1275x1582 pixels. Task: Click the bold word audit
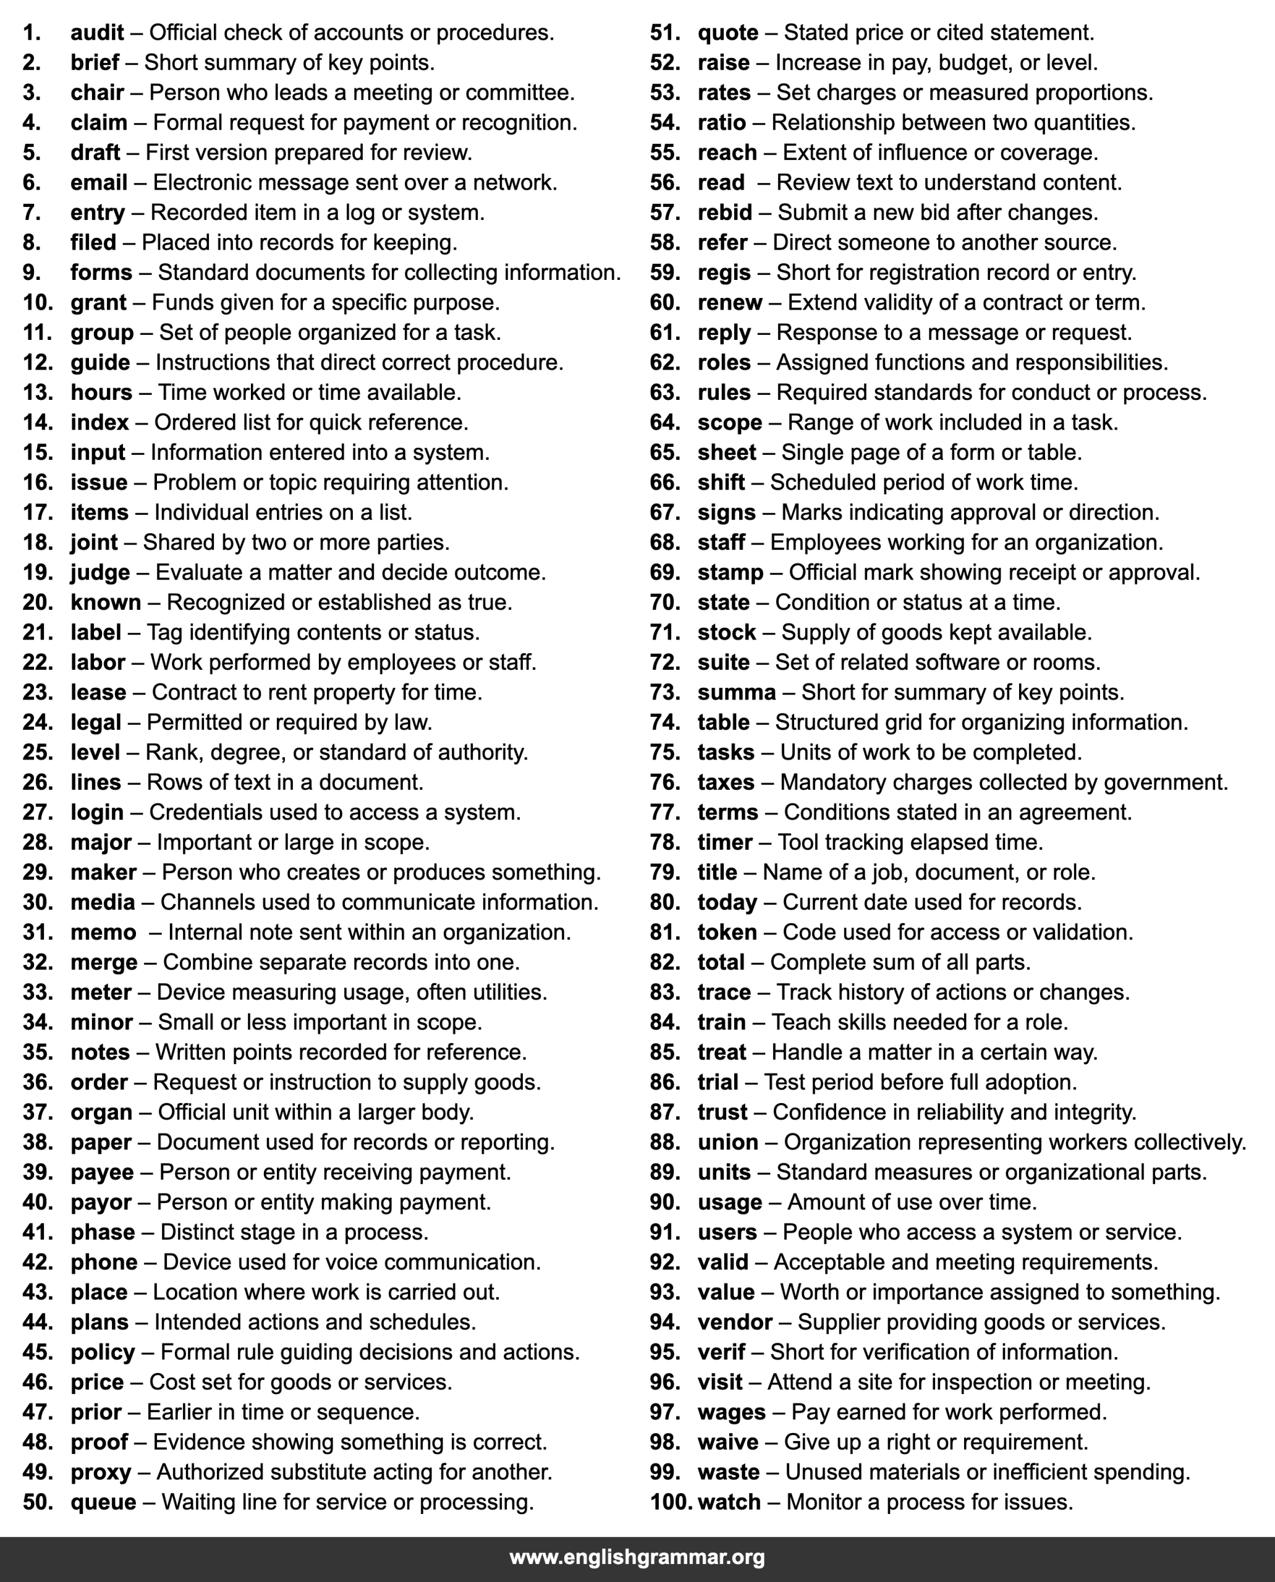pos(97,33)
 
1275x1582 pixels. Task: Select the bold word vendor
pos(734,1322)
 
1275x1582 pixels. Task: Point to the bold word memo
pos(103,932)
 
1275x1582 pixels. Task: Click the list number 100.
pos(671,1502)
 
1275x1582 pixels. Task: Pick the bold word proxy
pos(101,1472)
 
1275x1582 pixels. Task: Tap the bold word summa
pos(736,693)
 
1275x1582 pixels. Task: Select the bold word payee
pos(102,1172)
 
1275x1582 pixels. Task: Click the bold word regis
pos(724,273)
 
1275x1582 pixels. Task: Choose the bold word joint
pos(94,542)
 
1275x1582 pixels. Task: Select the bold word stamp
pos(730,572)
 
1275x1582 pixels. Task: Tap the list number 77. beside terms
pos(664,812)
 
